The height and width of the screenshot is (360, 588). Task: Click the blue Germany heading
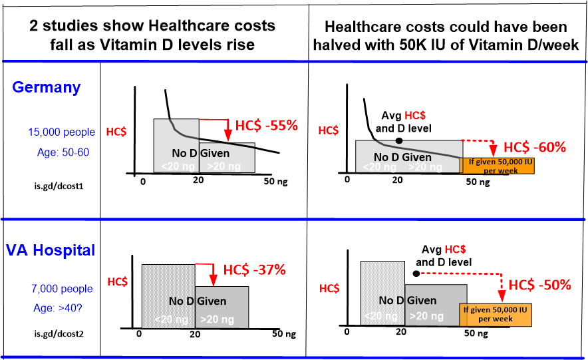coord(46,87)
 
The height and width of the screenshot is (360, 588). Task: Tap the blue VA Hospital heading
coord(51,250)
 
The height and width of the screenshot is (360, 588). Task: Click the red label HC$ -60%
coord(534,147)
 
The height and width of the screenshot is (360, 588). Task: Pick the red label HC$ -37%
coord(254,270)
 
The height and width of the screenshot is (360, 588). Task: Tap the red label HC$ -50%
coord(539,285)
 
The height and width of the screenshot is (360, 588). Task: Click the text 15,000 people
coord(61,132)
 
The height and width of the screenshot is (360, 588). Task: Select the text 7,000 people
coord(61,289)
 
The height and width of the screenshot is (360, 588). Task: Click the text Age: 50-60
coord(63,152)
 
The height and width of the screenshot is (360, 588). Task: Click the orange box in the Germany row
coord(496,165)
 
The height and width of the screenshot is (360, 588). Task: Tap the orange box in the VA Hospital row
coord(496,314)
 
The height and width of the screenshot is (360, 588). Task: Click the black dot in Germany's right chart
coord(398,140)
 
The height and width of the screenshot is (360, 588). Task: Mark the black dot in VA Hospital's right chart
coord(415,273)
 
